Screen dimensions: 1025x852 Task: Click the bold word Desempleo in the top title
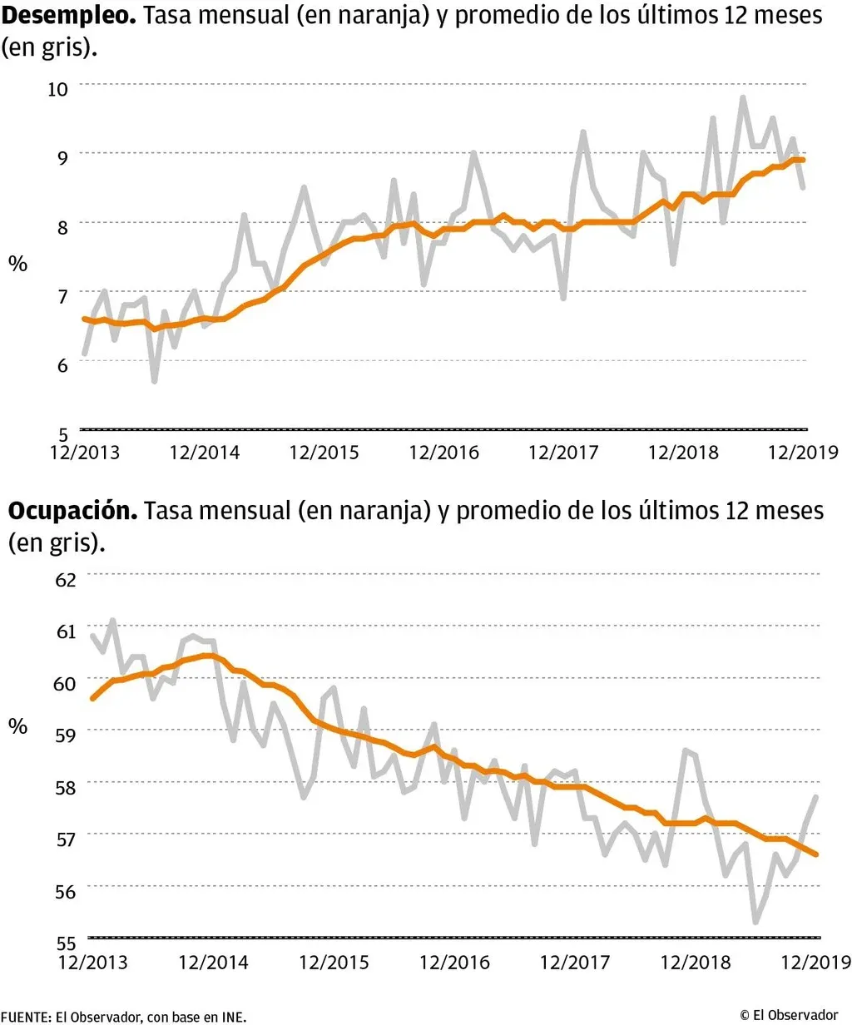pos(68,16)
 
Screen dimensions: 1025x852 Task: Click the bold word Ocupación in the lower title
pos(72,511)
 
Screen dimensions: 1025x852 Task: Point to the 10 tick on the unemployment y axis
pos(57,88)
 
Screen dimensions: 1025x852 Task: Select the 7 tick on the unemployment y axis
pos(62,296)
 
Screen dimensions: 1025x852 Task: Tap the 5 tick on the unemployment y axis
pos(62,433)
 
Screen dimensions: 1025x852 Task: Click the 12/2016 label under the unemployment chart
pos(443,453)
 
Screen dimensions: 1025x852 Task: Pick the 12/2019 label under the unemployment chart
pos(803,453)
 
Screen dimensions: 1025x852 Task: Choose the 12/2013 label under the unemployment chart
pos(84,453)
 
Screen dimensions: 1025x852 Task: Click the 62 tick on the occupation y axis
pos(66,579)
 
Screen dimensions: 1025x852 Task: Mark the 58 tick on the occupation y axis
pos(66,787)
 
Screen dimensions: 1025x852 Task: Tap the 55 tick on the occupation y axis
pos(66,943)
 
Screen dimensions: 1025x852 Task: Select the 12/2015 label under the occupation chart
pos(334,963)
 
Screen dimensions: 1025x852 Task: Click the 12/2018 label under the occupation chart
pos(695,963)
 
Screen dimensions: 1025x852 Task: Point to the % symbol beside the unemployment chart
pos(17,265)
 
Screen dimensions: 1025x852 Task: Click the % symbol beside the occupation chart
pos(17,726)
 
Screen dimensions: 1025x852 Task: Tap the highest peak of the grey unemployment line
pos(742,98)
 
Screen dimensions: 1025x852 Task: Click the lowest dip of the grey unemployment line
pos(154,381)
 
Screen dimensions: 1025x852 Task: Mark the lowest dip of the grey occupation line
pos(755,922)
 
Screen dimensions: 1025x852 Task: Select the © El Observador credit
pos(788,1015)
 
